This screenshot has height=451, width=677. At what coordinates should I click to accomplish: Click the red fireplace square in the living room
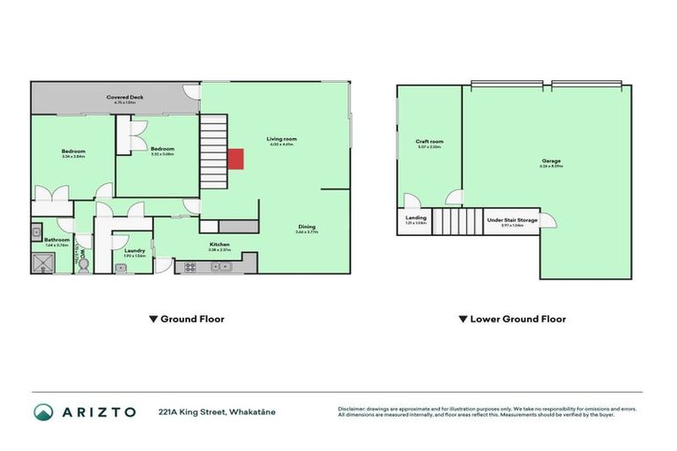click(x=235, y=159)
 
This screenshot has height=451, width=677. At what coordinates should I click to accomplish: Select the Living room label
click(x=282, y=138)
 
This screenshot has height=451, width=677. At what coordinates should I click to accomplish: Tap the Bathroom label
click(x=57, y=239)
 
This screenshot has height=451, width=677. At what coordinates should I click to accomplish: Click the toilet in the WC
click(x=84, y=262)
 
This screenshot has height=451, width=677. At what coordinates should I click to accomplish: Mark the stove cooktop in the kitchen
click(x=190, y=267)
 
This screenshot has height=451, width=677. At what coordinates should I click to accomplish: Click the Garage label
click(x=552, y=161)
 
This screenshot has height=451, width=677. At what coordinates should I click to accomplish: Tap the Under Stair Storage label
click(x=511, y=220)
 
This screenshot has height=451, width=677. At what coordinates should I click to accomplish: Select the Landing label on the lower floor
click(x=416, y=218)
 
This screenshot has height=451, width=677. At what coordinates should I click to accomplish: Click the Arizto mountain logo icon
click(x=43, y=411)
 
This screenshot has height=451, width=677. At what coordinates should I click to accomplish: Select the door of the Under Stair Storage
click(x=547, y=219)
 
